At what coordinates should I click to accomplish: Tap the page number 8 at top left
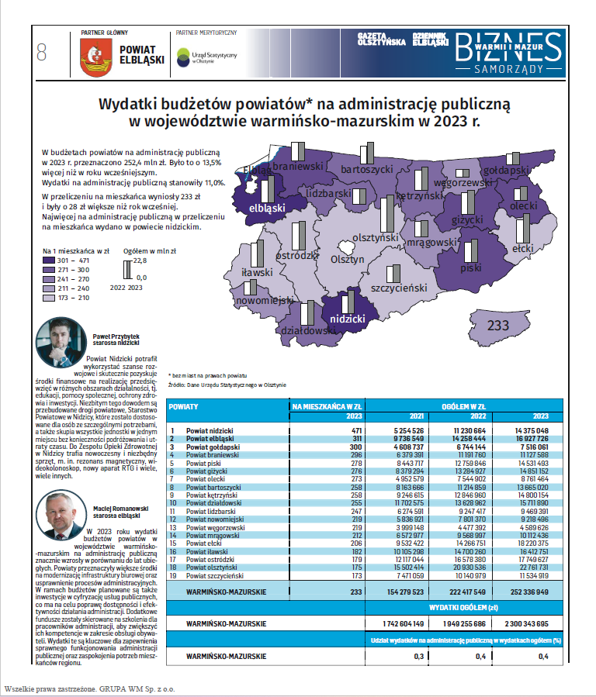tap(41, 53)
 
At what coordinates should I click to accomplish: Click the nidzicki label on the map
tap(348, 319)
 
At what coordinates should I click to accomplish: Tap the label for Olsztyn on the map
tap(346, 260)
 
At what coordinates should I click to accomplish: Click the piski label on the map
tap(471, 267)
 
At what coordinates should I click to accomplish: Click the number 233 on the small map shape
tap(497, 326)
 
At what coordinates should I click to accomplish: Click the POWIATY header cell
tap(184, 405)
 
